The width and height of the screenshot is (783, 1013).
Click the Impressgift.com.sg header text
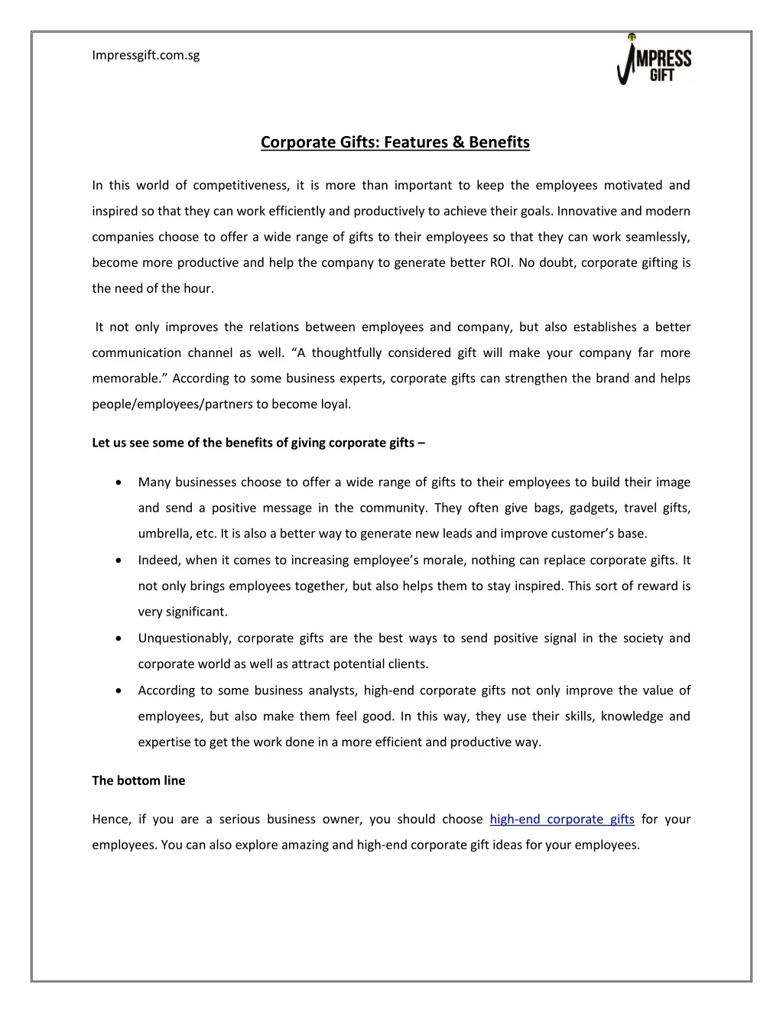point(145,55)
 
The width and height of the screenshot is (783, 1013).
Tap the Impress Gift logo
point(654,60)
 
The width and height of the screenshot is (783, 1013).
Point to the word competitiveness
point(241,185)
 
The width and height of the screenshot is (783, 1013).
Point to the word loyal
point(336,404)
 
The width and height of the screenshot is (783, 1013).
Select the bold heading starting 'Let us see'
point(258,443)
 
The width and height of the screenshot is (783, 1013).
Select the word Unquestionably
point(184,638)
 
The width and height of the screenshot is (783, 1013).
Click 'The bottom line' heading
point(138,781)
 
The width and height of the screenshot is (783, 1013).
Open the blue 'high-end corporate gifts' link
point(562,819)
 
